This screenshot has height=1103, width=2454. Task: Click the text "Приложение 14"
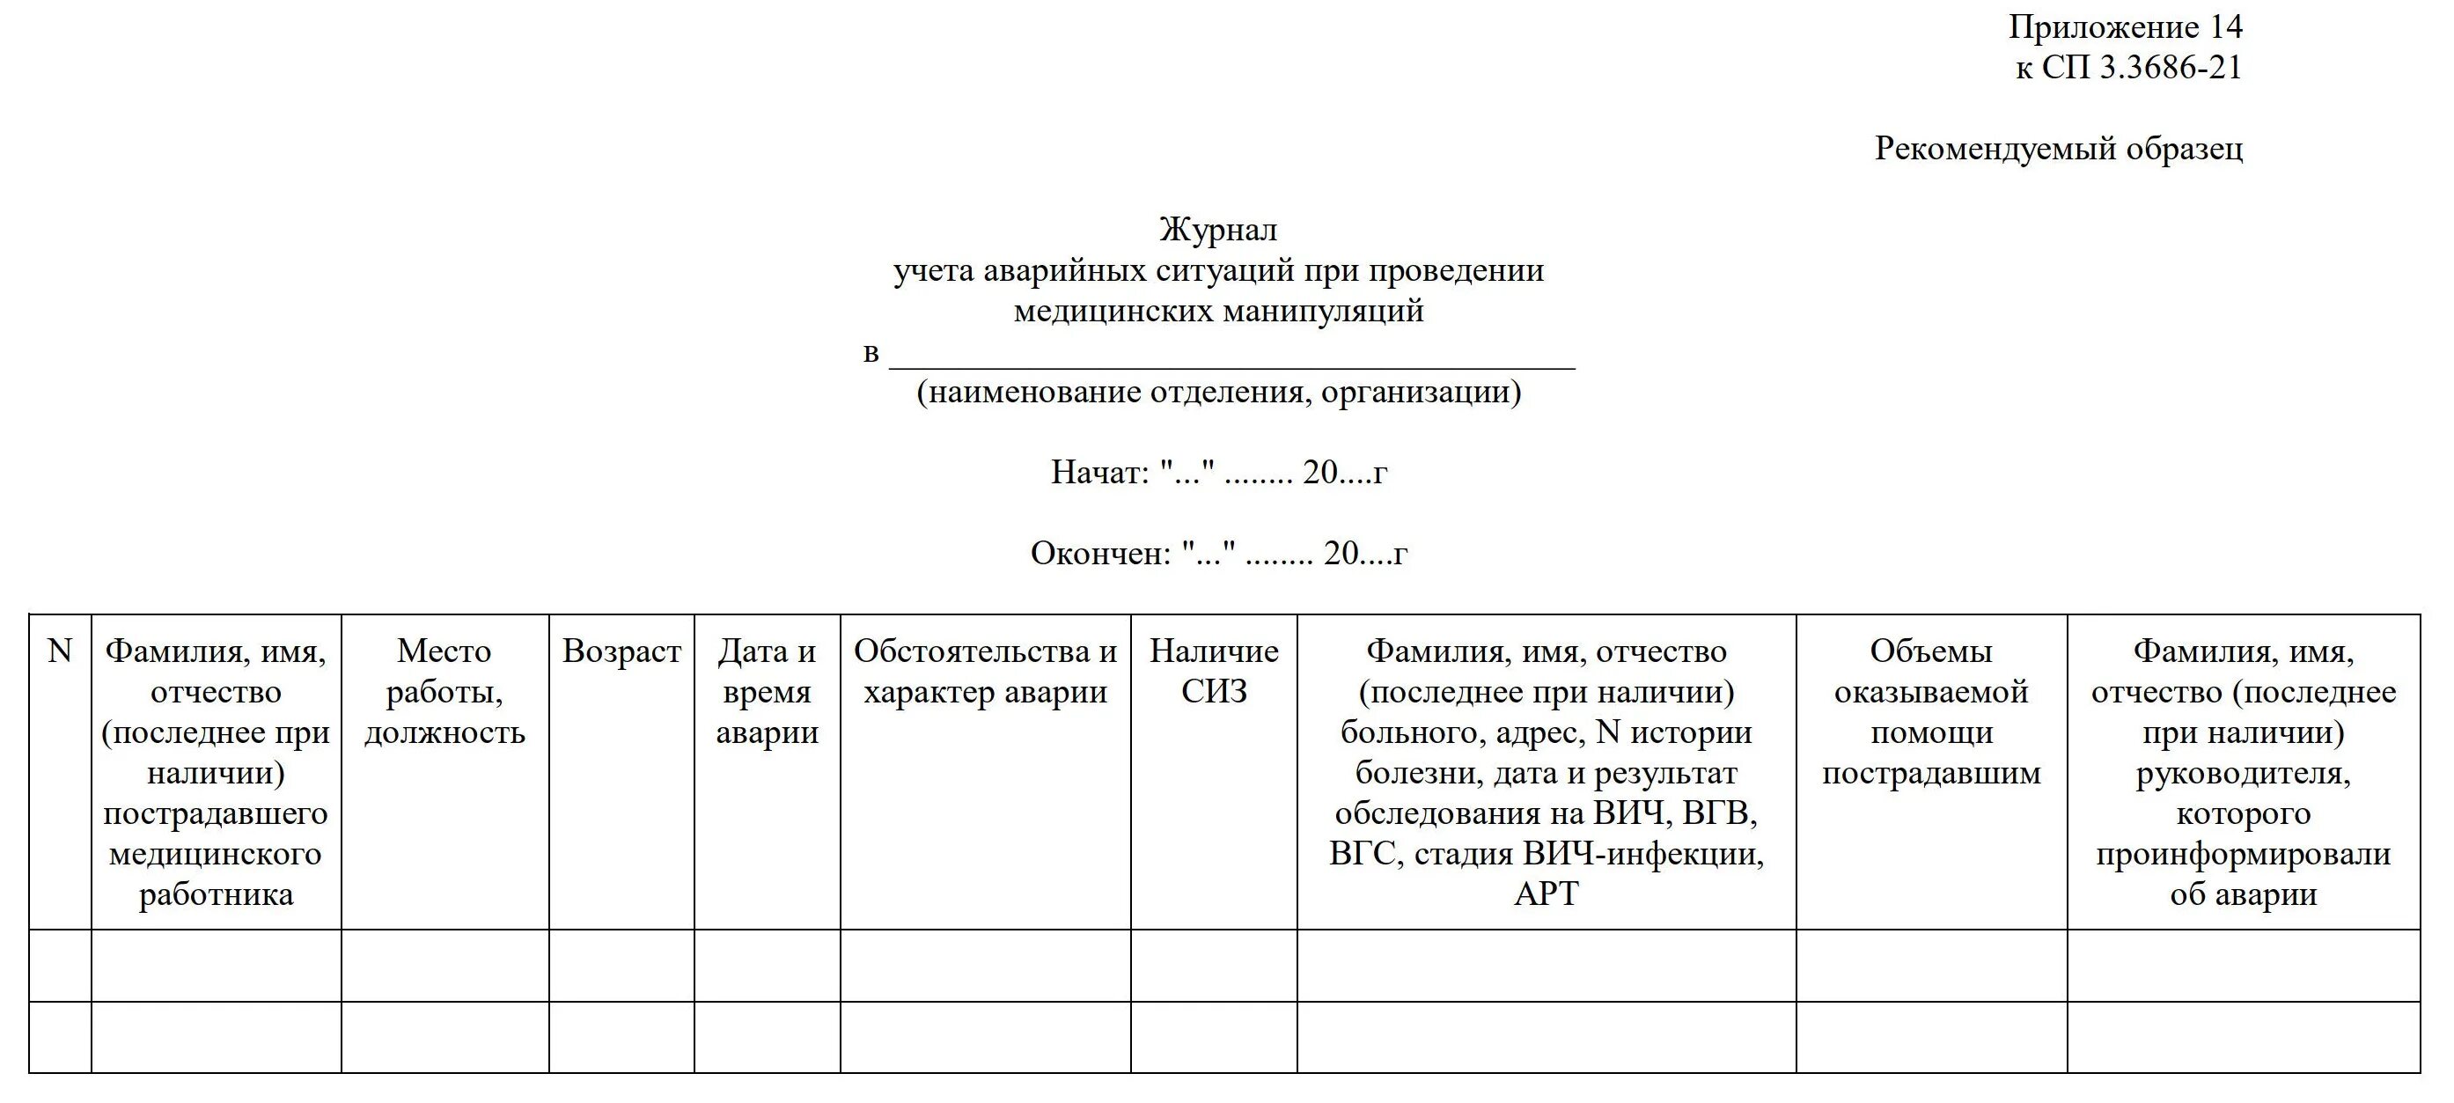(x=2126, y=27)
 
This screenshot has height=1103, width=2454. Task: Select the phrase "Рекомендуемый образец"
(x=2058, y=149)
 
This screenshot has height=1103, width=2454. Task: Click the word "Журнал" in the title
(x=1217, y=230)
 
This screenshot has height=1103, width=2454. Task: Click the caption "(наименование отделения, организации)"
(x=1218, y=392)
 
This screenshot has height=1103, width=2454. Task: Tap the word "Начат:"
(x=1100, y=473)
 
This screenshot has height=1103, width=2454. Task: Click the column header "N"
(x=59, y=651)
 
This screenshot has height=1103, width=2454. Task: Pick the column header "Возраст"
(x=621, y=651)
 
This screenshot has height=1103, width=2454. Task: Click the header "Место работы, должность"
(x=444, y=692)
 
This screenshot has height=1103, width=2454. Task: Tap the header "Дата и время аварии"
(x=767, y=692)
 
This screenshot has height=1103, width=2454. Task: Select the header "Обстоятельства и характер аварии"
(x=985, y=672)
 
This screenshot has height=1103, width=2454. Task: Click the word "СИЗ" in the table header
(x=1214, y=693)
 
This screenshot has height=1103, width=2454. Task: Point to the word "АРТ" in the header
(x=1547, y=894)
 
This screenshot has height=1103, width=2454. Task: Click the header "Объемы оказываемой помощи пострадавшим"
(x=1931, y=711)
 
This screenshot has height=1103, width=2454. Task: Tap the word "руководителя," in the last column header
(x=2243, y=774)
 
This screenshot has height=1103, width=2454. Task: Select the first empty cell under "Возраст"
(x=621, y=965)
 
